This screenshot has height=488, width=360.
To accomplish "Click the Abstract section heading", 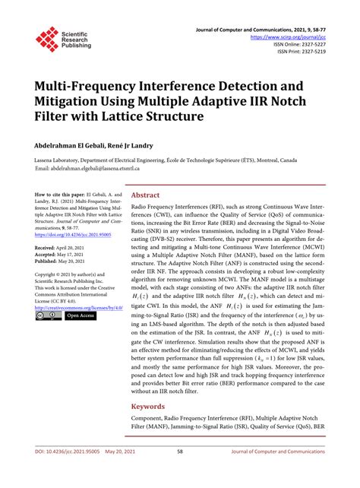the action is click(x=146, y=195).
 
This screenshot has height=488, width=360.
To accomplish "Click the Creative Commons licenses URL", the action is click(x=79, y=308).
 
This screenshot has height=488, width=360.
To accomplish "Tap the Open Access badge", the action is click(x=79, y=315).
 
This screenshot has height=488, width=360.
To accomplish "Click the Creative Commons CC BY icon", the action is click(x=46, y=315).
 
